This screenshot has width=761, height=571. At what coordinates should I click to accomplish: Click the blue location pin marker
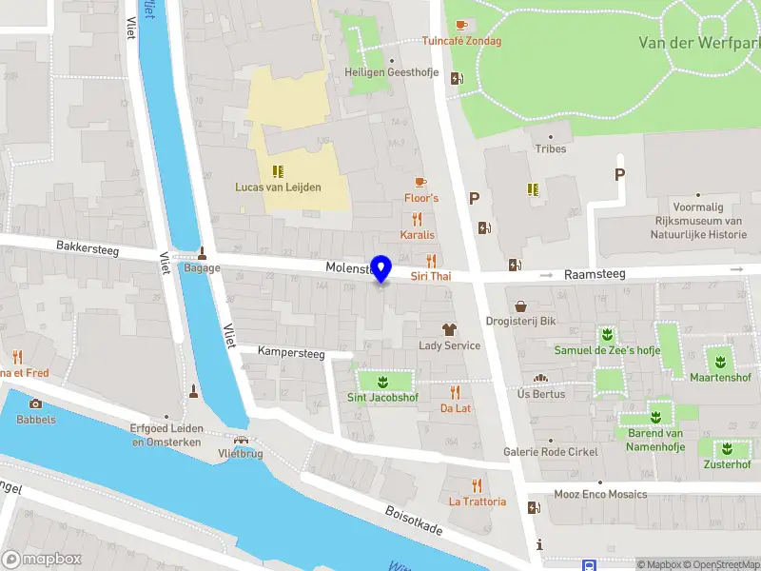[381, 268]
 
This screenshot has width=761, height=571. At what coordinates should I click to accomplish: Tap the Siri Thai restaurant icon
[431, 260]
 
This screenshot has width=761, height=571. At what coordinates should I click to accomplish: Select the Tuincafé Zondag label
[461, 41]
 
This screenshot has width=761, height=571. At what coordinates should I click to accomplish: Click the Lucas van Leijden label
[278, 187]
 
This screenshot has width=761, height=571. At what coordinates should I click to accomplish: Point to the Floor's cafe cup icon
[421, 182]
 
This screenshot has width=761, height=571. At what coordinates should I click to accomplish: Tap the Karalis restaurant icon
[417, 219]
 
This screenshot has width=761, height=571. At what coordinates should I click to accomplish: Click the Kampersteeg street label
[291, 353]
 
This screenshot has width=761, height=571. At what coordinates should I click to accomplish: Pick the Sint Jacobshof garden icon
[382, 383]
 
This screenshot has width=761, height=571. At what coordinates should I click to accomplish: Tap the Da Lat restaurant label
[456, 408]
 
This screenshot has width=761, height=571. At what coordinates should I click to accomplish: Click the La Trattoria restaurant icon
[477, 485]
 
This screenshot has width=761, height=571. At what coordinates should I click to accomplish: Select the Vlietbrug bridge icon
[240, 441]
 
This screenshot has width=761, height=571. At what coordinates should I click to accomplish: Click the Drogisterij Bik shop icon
[520, 305]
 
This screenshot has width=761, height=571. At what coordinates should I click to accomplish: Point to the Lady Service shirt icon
[450, 329]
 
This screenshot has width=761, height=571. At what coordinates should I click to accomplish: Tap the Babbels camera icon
[36, 404]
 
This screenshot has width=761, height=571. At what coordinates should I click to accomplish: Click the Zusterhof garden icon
[726, 448]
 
